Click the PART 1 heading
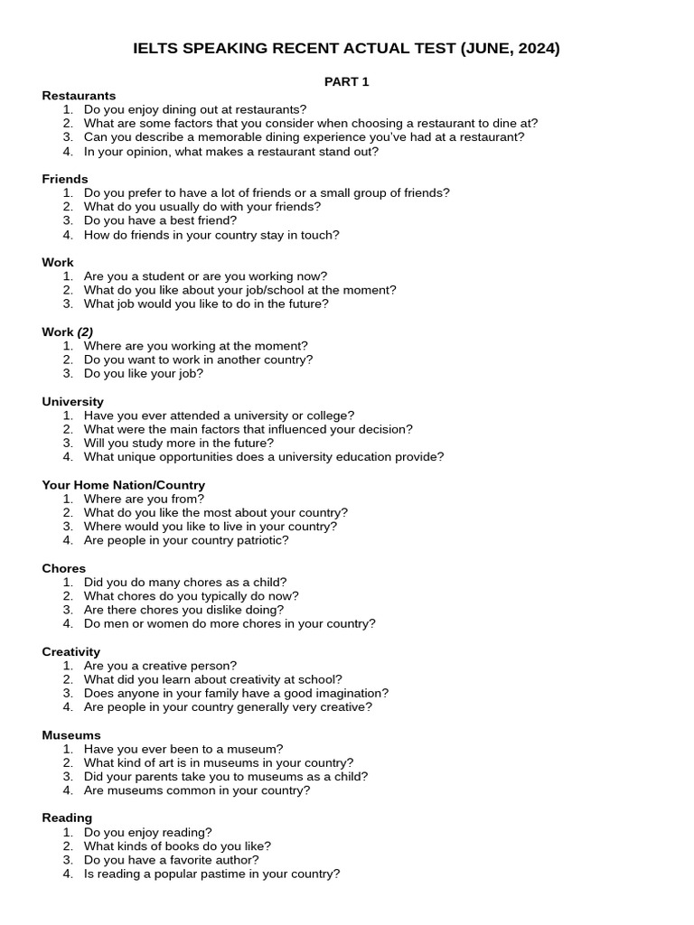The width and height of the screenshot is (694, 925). click(347, 81)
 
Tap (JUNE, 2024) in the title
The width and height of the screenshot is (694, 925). click(510, 49)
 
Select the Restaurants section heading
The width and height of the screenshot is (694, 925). click(79, 96)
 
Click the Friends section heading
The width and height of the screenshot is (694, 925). click(65, 179)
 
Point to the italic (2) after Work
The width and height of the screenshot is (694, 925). click(85, 332)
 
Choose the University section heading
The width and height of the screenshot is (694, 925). click(72, 401)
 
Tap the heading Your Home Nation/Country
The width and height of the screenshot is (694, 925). click(123, 485)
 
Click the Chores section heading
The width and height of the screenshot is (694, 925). click(63, 568)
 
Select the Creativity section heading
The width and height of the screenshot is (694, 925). click(70, 651)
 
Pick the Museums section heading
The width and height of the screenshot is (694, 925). click(71, 735)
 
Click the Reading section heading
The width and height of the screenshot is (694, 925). click(67, 818)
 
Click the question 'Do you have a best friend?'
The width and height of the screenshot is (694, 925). click(160, 220)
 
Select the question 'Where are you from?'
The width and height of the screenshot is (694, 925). click(144, 499)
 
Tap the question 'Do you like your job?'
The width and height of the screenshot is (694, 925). click(144, 373)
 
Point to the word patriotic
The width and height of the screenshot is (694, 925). click(259, 540)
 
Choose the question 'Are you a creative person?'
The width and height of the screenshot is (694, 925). click(160, 666)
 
